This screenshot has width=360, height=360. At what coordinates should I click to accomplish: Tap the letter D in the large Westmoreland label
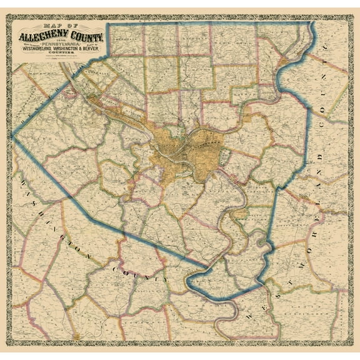tap(319, 155)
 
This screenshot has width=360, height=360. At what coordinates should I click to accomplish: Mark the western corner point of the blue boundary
tap(13, 136)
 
